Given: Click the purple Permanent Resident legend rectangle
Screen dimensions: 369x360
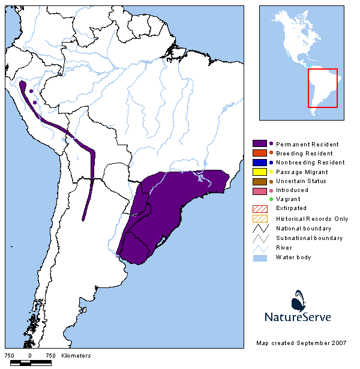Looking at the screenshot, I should click(259, 144).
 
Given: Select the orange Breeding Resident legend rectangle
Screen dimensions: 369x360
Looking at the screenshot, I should click(259, 153).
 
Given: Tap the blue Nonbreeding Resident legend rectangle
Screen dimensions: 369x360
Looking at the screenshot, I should click(259, 162).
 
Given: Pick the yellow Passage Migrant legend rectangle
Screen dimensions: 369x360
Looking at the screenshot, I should click(259, 172).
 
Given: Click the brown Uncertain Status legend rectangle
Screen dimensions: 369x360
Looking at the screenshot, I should click(259, 181).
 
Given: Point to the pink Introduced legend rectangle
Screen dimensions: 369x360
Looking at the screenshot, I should click(259, 190).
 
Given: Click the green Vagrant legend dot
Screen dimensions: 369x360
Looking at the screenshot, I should click(271, 199).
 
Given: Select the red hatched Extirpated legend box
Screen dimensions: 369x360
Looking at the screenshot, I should click(259, 208).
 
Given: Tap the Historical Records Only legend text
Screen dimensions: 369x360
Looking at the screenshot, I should click(312, 219).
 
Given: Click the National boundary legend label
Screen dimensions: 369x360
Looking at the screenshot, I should click(304, 228).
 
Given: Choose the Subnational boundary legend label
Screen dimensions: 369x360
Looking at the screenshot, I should click(309, 238).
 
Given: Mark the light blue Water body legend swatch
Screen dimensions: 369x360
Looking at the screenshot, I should click(259, 257).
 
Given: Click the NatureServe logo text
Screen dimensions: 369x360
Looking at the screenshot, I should click(298, 316).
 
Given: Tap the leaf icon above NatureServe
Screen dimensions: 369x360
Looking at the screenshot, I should click(301, 299).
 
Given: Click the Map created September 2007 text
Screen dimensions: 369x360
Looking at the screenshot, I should click(301, 343).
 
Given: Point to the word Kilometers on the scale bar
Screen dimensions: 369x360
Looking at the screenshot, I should click(76, 356).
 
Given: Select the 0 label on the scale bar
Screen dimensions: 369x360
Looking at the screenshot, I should click(30, 356).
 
